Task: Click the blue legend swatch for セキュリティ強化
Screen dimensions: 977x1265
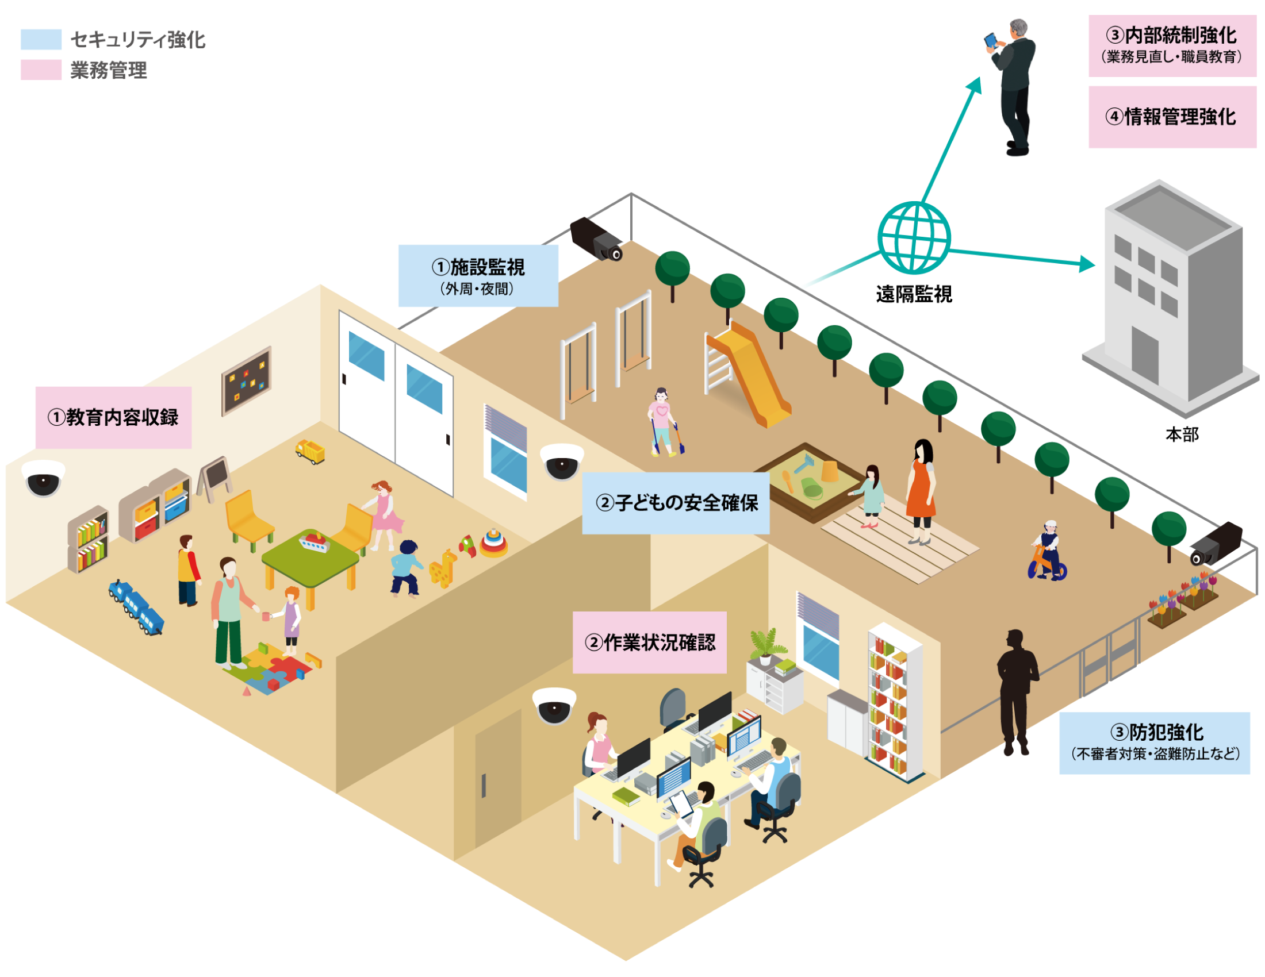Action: (41, 39)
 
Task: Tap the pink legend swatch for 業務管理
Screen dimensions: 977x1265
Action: (41, 70)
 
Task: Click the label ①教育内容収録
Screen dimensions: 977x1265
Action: (113, 417)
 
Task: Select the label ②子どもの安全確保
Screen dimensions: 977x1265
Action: (676, 502)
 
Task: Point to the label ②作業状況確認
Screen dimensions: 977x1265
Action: (650, 642)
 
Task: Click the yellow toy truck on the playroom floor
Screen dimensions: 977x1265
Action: (310, 452)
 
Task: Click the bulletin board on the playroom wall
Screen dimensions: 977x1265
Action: (246, 380)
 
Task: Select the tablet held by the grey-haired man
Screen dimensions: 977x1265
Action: (991, 40)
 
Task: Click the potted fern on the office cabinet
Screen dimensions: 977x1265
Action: (764, 645)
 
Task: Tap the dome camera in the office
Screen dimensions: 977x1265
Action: (554, 705)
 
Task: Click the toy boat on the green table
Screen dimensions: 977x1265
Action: (313, 543)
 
